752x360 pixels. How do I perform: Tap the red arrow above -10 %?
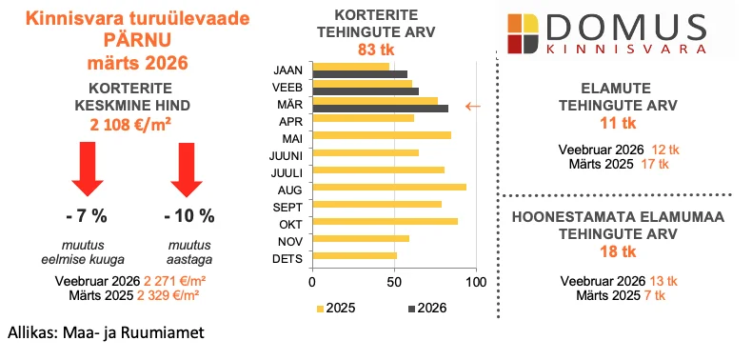click(x=188, y=168)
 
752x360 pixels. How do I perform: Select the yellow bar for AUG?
click(x=389, y=187)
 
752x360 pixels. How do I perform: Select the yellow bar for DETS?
click(x=354, y=255)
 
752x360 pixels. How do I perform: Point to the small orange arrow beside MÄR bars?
click(x=472, y=106)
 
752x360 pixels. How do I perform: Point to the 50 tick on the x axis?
click(x=394, y=282)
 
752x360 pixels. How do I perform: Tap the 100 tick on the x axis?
click(x=476, y=282)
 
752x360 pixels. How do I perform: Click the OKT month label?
click(x=288, y=222)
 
